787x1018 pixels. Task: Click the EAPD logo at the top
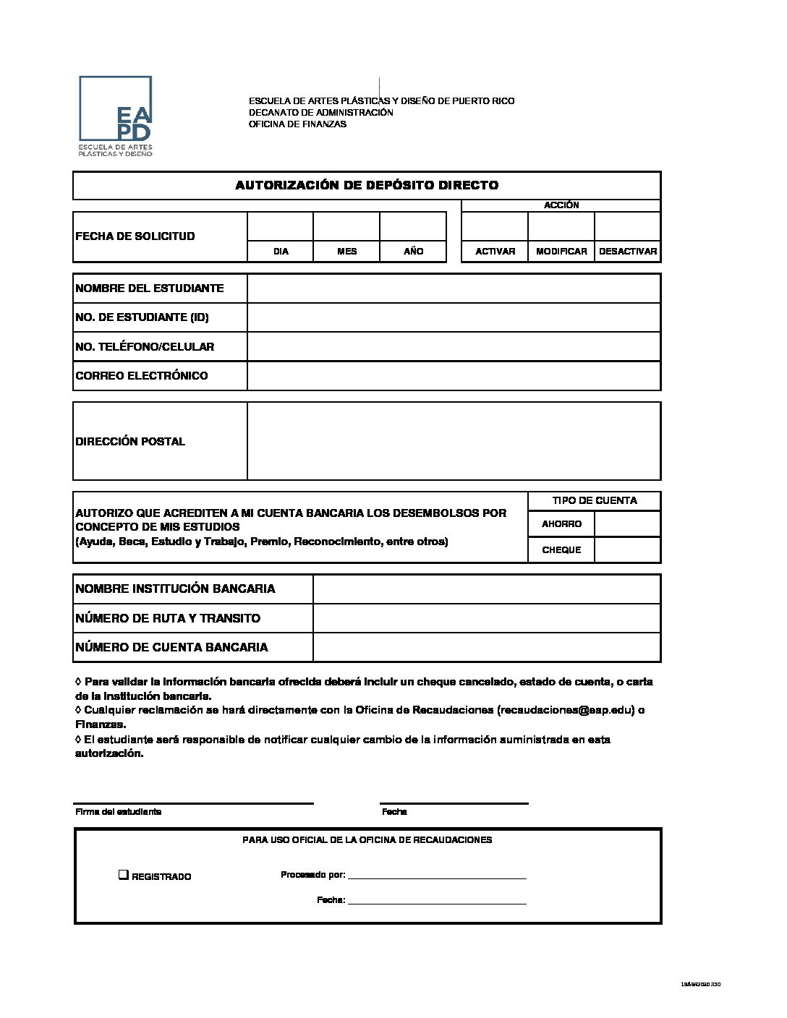[x=116, y=116]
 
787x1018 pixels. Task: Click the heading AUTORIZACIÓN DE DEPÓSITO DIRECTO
[x=367, y=185]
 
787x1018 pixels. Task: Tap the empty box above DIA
[x=281, y=226]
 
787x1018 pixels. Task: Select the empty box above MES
[x=346, y=226]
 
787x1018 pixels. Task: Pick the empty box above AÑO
[x=413, y=226]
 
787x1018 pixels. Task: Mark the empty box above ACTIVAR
[x=495, y=226]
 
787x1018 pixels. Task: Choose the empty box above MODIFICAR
[x=561, y=226]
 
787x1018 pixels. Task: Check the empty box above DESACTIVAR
[x=627, y=226]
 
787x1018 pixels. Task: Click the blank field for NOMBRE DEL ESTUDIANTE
[x=454, y=288]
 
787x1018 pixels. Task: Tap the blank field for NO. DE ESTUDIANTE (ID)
[x=454, y=317]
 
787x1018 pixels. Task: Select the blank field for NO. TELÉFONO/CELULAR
[x=454, y=346]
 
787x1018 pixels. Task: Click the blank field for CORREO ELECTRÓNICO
[x=454, y=376]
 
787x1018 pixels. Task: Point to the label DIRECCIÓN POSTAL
[x=130, y=442]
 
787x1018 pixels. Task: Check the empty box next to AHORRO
[x=627, y=524]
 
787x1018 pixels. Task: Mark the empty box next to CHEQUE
[x=627, y=550]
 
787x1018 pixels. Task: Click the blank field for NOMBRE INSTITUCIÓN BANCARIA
[x=487, y=589]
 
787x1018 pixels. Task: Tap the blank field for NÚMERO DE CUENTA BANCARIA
[x=487, y=647]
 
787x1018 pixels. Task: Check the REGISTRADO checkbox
[x=124, y=876]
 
